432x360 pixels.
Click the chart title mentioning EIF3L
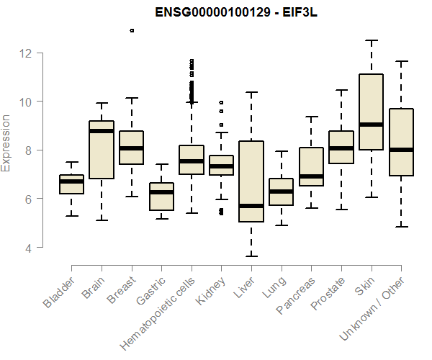click(237, 13)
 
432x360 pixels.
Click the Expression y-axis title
click(6, 143)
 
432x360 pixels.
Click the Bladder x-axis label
click(59, 292)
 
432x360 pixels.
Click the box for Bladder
click(71, 184)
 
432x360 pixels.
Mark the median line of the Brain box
click(102, 131)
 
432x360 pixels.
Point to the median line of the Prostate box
click(341, 148)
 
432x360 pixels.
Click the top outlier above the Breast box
click(131, 30)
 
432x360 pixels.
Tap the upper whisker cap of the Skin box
click(372, 40)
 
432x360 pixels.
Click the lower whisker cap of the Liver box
click(251, 256)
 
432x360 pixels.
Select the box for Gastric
click(161, 197)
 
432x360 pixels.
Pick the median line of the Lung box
click(282, 192)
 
